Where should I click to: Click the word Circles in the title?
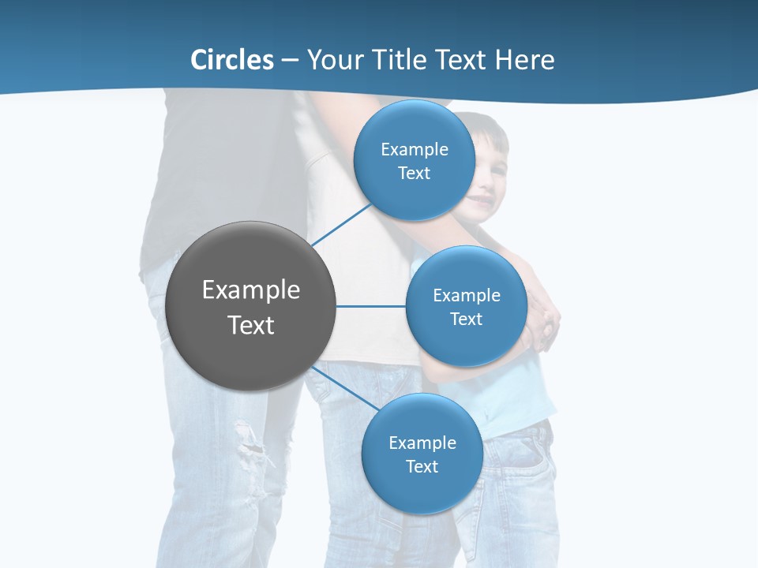click(x=232, y=60)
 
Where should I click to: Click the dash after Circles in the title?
click(x=290, y=61)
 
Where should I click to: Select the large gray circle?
click(x=250, y=306)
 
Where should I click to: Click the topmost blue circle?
click(x=414, y=160)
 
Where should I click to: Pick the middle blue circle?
click(x=466, y=306)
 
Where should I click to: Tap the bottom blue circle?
click(x=422, y=454)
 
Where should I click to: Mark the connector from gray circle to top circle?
click(x=342, y=225)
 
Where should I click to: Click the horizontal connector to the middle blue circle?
click(x=370, y=306)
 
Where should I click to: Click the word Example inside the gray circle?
click(x=251, y=290)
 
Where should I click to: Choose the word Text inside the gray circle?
click(x=251, y=325)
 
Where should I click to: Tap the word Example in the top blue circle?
click(x=415, y=150)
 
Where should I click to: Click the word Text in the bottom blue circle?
click(x=422, y=466)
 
